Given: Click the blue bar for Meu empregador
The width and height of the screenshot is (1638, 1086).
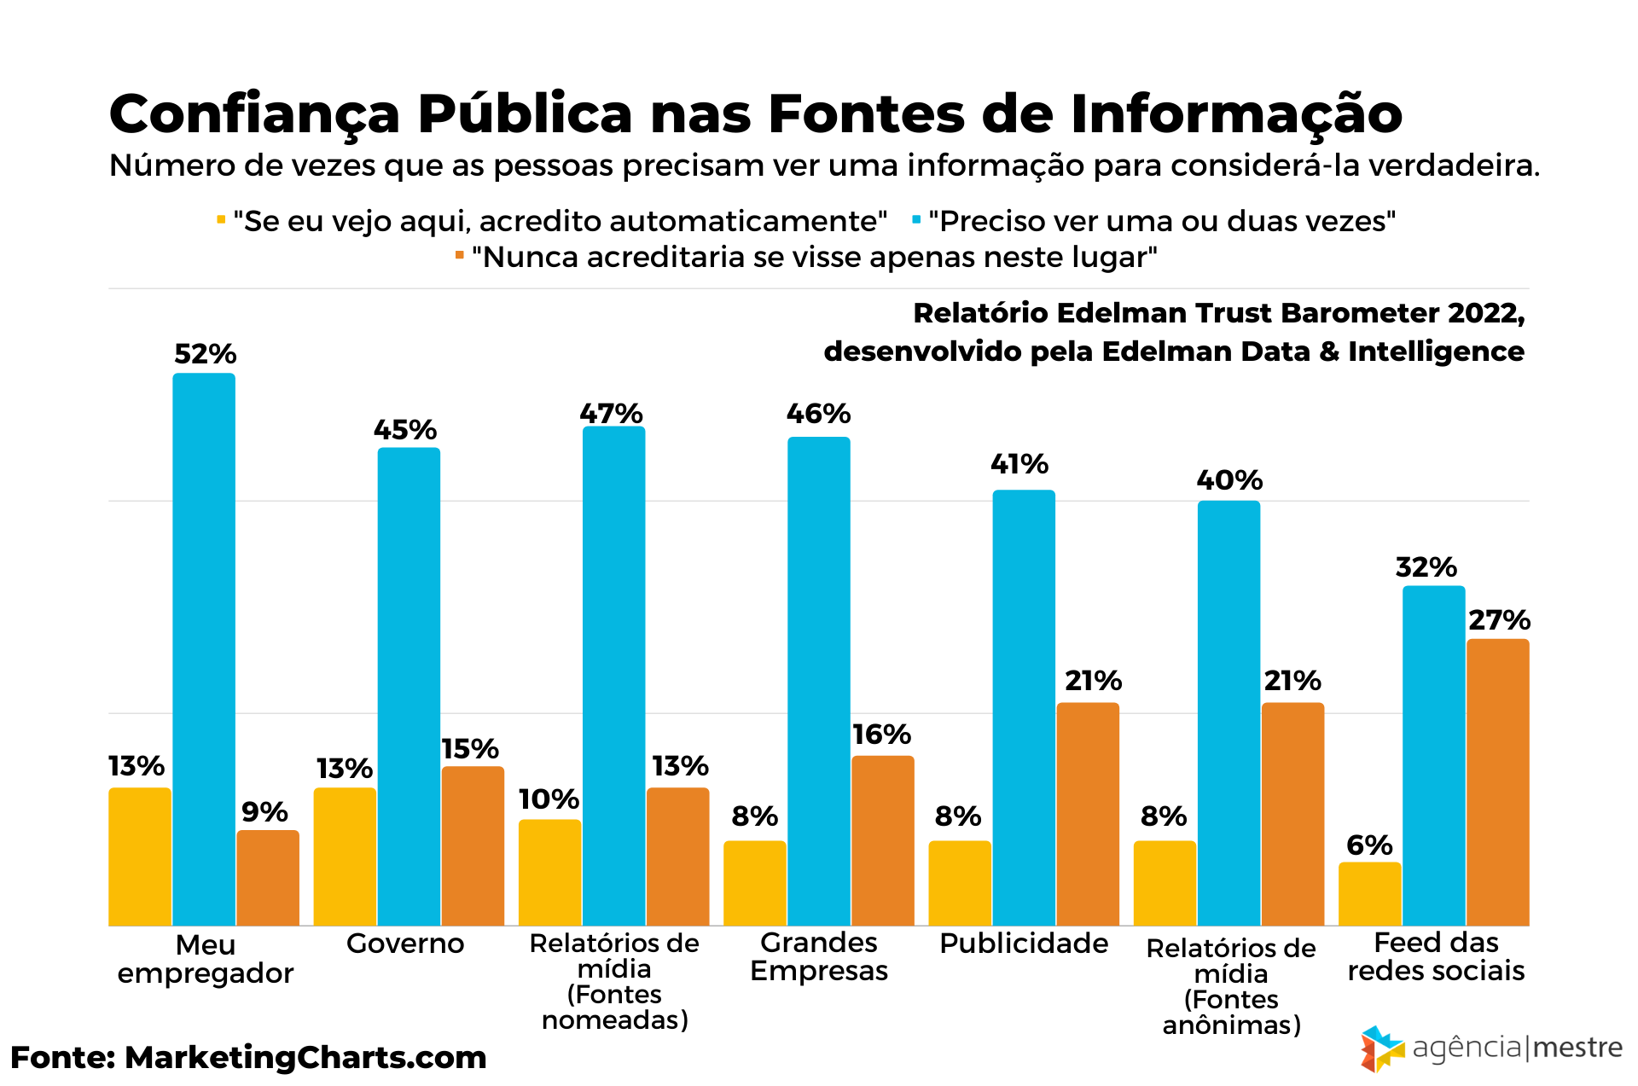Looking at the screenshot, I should [204, 648].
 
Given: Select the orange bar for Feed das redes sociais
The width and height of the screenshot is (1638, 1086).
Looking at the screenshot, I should [1497, 781].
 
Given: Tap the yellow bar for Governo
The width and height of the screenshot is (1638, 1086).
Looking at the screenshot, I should [345, 856].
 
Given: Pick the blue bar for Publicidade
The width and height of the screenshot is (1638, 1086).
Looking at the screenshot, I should [1024, 707].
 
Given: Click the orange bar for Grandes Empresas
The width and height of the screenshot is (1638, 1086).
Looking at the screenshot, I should [882, 840].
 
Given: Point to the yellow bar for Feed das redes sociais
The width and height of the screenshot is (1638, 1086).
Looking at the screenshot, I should [1369, 893].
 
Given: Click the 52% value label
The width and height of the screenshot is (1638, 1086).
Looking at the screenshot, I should [205, 354].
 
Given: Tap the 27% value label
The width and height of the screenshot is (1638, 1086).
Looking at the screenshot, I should [1499, 620].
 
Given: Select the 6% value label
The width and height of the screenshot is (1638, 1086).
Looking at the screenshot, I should [1369, 845].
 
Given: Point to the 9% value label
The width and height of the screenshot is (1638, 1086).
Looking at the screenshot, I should [264, 812].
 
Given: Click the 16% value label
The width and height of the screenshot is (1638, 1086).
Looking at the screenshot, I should [881, 735].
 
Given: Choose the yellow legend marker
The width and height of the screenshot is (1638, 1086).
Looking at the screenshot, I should [221, 220].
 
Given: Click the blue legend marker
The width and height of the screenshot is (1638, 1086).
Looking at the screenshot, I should [916, 220].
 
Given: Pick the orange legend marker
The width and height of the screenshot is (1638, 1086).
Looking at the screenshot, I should [460, 255].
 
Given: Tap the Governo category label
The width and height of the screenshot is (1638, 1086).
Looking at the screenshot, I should [405, 944].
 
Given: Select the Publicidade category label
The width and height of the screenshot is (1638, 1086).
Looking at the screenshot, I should [1024, 944].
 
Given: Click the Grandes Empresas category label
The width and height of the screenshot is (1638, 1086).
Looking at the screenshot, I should [819, 956].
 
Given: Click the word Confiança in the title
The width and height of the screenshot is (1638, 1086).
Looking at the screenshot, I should [254, 114].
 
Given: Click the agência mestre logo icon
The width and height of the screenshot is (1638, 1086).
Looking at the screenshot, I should [1381, 1048].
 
